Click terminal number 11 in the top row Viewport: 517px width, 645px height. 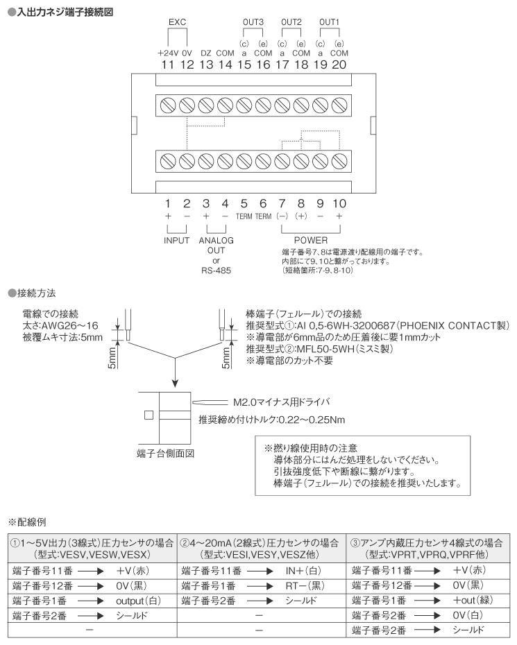167,64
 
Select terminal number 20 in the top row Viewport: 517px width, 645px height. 339,64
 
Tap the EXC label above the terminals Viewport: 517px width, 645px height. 177,22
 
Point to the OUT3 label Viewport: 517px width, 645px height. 253,22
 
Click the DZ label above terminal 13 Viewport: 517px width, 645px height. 206,52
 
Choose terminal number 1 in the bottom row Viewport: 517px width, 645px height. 167,204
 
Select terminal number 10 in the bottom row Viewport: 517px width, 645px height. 339,204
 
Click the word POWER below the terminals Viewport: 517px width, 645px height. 310,240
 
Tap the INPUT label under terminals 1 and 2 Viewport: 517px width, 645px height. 176,240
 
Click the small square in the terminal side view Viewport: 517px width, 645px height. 148,415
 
